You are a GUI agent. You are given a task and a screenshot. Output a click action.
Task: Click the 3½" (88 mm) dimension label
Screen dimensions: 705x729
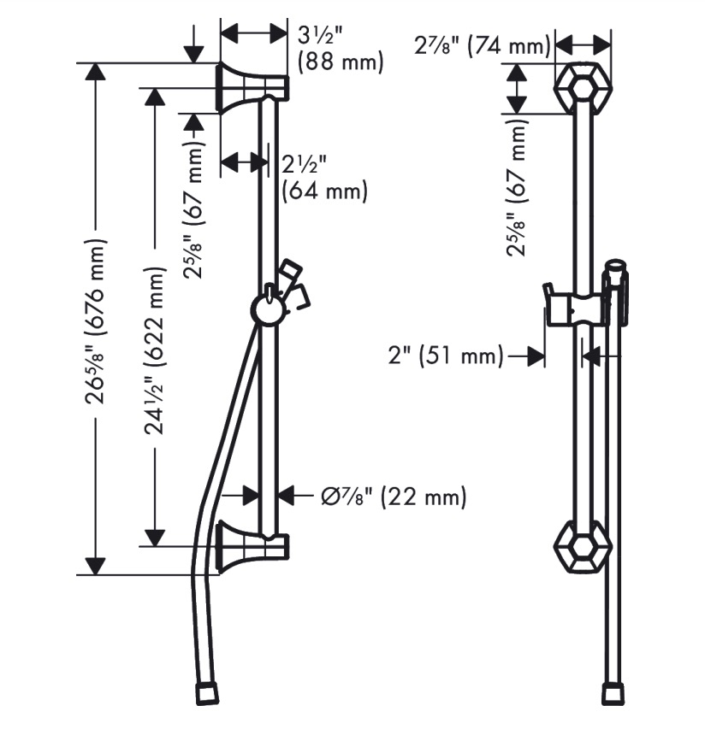click(x=341, y=50)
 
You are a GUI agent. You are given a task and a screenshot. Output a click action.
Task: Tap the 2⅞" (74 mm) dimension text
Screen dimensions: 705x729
click(x=483, y=46)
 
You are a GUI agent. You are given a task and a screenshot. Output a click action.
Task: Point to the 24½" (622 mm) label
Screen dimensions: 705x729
click(x=155, y=350)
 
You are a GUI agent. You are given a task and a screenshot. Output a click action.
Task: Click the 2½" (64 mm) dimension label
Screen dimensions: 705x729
click(x=324, y=178)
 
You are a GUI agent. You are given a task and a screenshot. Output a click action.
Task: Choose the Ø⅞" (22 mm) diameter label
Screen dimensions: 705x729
click(x=394, y=497)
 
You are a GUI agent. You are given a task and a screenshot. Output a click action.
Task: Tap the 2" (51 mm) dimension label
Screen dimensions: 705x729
click(x=446, y=356)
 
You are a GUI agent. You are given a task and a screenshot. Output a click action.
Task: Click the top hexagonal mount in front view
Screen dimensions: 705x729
click(x=583, y=87)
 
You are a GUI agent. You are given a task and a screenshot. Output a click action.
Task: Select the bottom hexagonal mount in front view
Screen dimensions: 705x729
click(x=583, y=546)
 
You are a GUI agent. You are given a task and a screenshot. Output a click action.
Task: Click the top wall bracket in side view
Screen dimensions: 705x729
click(x=252, y=87)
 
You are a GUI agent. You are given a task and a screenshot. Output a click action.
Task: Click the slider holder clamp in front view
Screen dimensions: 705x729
click(x=577, y=309)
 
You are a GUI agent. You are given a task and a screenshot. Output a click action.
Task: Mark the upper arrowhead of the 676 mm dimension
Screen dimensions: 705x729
click(x=97, y=72)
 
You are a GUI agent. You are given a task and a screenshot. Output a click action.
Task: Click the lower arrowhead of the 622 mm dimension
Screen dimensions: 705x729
click(x=155, y=537)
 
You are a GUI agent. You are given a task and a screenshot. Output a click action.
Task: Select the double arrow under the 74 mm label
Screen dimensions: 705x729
click(x=583, y=46)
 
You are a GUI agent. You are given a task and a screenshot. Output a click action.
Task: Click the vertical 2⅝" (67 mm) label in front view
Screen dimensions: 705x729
click(x=517, y=188)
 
